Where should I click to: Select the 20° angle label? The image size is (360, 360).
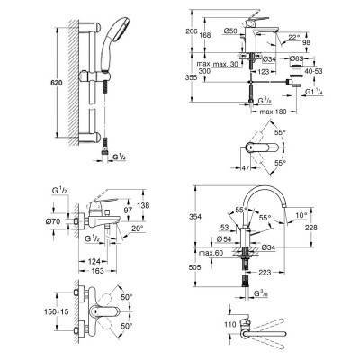[x=135, y=229]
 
